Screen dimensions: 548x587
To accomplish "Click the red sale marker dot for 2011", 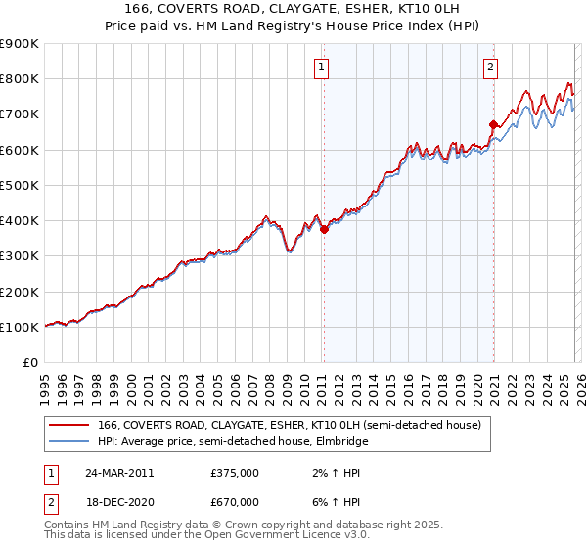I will tap(324, 230).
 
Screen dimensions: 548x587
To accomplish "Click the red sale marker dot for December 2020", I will tap(493, 124).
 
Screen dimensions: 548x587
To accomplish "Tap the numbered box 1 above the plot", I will tap(321, 68).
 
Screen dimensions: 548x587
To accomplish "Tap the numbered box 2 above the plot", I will tap(489, 68).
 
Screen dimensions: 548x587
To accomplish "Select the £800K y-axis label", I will tap(19, 78).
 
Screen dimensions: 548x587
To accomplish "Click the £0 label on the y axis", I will tap(28, 362).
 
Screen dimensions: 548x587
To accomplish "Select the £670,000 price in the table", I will tap(235, 501).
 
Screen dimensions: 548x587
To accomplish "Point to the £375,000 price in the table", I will tap(235, 472).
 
